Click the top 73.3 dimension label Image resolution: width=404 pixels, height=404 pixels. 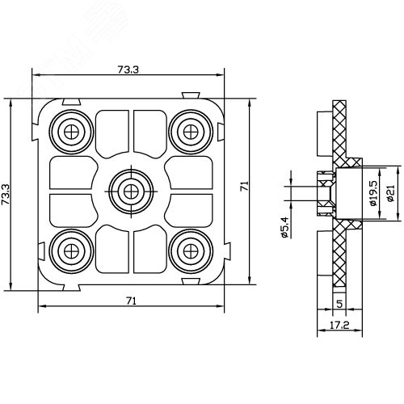click(x=128, y=69)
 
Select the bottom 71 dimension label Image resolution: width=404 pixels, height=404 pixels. click(x=131, y=301)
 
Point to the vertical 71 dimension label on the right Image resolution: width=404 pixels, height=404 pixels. click(x=244, y=186)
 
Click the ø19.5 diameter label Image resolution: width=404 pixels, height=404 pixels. click(x=374, y=193)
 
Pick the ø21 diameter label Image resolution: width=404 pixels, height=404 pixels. click(x=390, y=193)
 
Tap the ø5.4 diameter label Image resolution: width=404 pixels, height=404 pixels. click(x=284, y=228)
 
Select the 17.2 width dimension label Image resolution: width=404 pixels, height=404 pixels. click(x=339, y=326)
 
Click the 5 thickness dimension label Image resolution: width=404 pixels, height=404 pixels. click(x=339, y=304)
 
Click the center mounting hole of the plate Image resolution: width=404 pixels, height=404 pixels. click(x=131, y=191)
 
